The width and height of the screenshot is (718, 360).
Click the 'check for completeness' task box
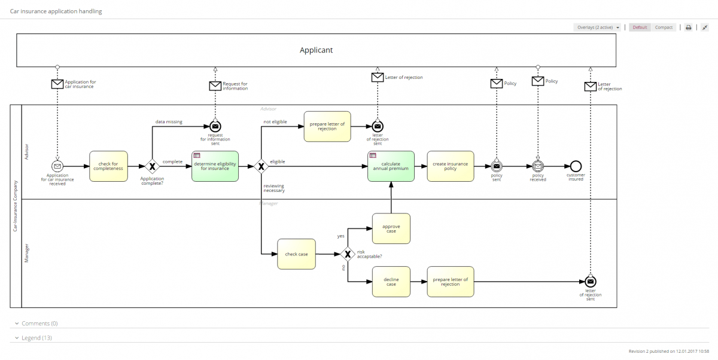(x=108, y=166)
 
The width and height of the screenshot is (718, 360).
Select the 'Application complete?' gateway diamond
(x=152, y=166)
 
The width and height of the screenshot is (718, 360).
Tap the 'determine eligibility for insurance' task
(x=215, y=166)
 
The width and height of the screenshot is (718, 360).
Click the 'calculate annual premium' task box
(x=391, y=166)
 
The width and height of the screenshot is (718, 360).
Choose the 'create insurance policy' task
(x=450, y=166)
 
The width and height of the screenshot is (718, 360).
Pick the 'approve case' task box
(x=391, y=228)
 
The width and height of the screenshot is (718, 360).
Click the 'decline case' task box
(x=391, y=281)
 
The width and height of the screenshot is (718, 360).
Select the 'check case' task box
(x=296, y=254)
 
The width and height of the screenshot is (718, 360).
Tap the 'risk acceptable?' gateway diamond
(x=347, y=254)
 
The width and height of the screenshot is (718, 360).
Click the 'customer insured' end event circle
(x=576, y=166)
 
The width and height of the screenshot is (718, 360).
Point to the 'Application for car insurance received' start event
(x=57, y=166)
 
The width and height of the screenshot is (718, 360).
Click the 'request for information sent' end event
(x=215, y=126)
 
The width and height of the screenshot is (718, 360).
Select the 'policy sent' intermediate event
(x=497, y=166)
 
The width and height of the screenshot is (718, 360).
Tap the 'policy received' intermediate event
(x=538, y=166)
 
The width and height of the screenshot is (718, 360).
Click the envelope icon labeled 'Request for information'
(x=215, y=86)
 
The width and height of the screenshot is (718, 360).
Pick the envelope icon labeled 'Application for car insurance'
(x=57, y=84)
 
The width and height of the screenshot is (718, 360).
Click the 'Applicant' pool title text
(x=316, y=50)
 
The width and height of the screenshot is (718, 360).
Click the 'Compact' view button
(x=664, y=28)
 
